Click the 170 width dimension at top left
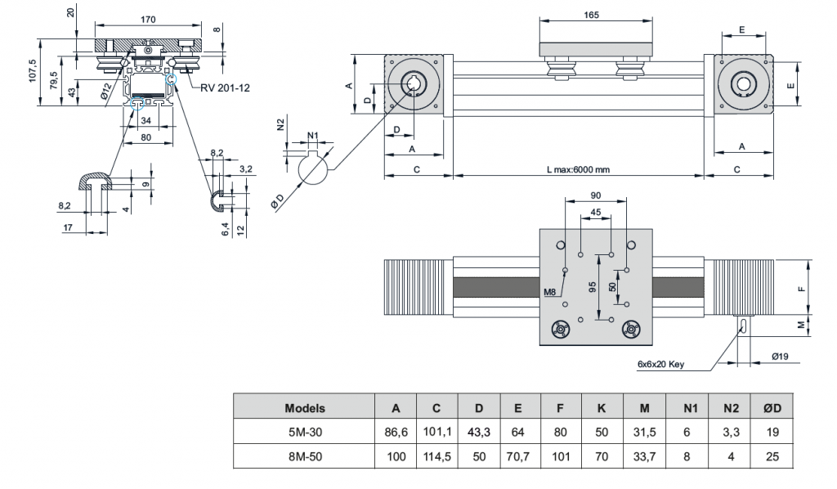coord(147,19)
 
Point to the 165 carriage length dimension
coord(595,15)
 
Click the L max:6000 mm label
coord(579,169)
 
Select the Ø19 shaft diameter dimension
coord(780,357)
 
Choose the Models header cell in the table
coord(305,407)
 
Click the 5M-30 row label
coord(305,432)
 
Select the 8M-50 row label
coord(305,456)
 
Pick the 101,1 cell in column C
coord(437,432)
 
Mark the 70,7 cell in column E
coord(520,456)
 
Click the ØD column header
coord(772,407)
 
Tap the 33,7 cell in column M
coord(645,456)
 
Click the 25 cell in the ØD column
coord(772,456)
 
